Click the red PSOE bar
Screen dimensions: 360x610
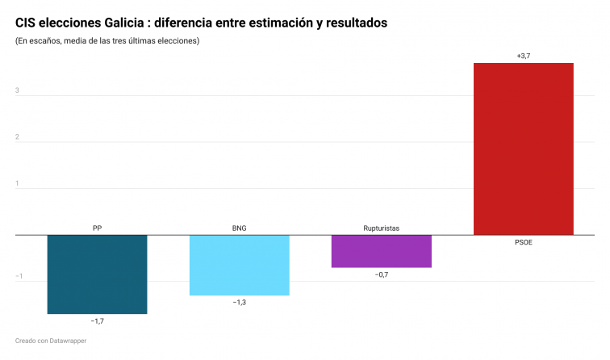[523, 149]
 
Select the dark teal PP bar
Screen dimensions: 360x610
[97, 274]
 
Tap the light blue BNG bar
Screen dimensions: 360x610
[239, 265]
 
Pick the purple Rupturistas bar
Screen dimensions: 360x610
[381, 251]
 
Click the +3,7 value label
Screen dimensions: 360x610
[523, 55]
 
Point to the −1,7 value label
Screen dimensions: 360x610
[97, 321]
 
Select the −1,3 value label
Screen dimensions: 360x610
[239, 303]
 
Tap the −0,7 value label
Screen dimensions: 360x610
[381, 275]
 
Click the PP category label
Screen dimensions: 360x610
[97, 228]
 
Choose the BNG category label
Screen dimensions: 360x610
[239, 228]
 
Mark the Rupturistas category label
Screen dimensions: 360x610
[381, 228]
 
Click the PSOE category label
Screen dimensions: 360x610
[523, 242]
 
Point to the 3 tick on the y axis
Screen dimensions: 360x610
[17, 90]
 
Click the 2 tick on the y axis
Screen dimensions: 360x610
[17, 137]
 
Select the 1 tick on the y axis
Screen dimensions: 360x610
[17, 183]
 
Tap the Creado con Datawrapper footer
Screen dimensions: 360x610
[50, 341]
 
